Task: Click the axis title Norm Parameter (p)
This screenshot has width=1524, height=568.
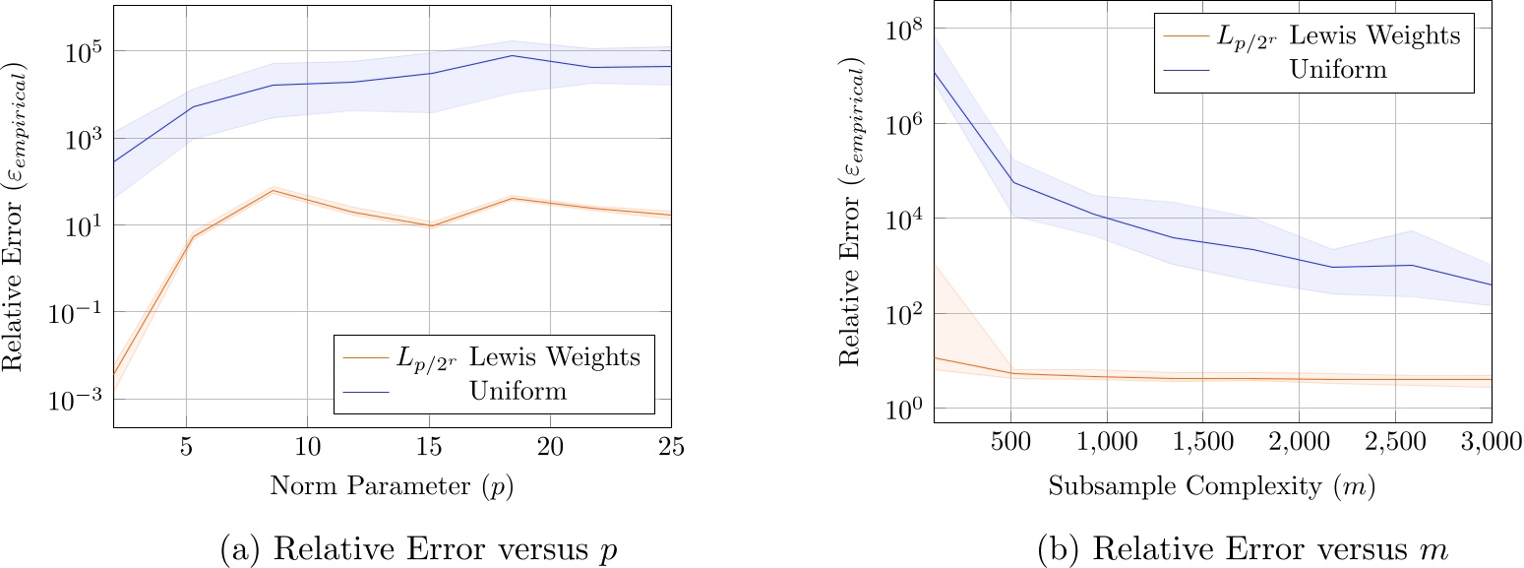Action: (392, 487)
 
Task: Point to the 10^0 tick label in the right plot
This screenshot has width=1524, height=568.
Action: (898, 409)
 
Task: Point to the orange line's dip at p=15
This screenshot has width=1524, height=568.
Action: (430, 226)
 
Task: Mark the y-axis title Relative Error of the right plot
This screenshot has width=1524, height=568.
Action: (852, 212)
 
